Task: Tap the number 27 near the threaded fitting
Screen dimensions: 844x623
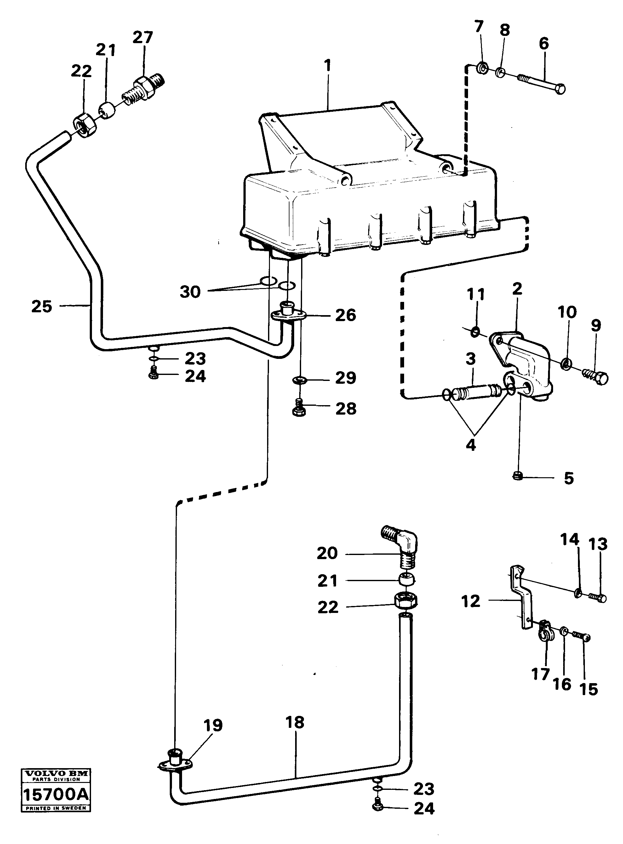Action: pyautogui.click(x=143, y=38)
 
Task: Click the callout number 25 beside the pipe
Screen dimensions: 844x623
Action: pyautogui.click(x=42, y=306)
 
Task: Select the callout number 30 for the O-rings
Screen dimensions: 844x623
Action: pyautogui.click(x=190, y=292)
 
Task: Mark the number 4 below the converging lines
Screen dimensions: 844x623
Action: pyautogui.click(x=471, y=445)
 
